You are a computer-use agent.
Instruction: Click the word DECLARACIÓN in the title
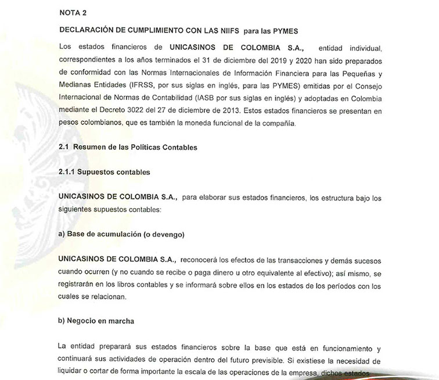88,29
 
